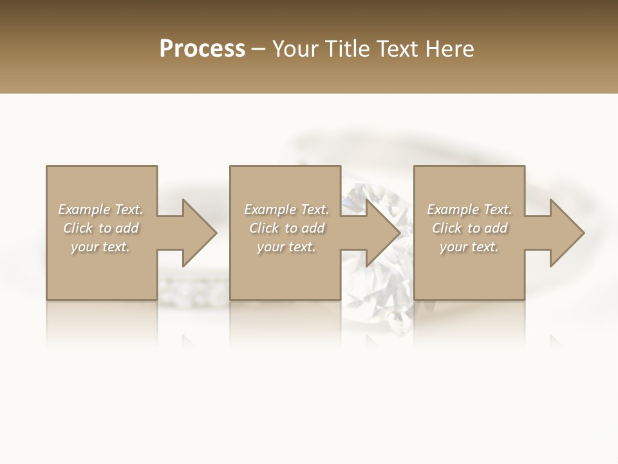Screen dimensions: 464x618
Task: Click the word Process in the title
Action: pos(202,49)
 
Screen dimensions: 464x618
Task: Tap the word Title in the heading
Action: pos(345,49)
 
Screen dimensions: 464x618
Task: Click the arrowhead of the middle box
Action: pos(382,233)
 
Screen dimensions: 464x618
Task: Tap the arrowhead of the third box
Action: pos(566,233)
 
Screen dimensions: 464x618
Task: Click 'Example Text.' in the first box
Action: pos(100,209)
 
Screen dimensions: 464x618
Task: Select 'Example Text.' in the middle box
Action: pos(286,209)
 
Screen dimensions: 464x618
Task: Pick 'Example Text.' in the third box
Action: pos(469,209)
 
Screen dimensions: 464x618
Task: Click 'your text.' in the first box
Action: pos(100,247)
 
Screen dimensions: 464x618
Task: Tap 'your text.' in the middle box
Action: pos(286,247)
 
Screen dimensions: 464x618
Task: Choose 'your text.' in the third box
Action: pos(469,247)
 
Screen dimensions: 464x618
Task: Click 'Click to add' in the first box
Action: pos(100,228)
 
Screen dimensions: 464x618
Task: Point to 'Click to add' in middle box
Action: pos(286,228)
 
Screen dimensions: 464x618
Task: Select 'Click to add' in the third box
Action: pos(469,228)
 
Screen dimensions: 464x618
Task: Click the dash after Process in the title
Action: pos(258,50)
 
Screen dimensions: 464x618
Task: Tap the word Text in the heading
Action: pos(397,49)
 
